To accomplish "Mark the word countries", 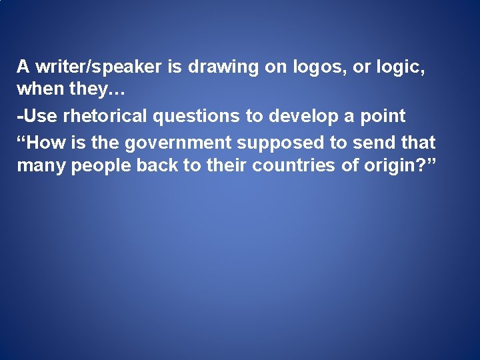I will (294, 165).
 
